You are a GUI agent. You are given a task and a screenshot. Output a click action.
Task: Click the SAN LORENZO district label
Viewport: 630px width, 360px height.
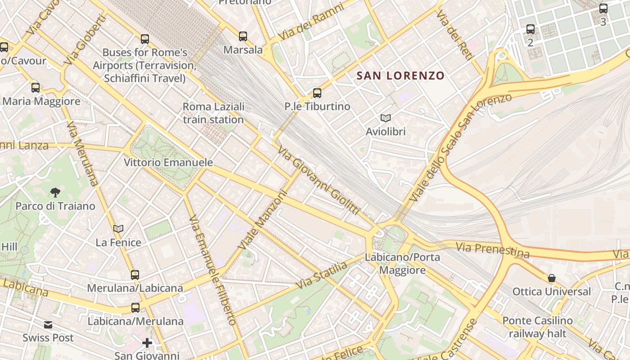tap(400, 76)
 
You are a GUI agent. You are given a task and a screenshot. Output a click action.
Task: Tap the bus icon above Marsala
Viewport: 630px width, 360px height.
tap(243, 36)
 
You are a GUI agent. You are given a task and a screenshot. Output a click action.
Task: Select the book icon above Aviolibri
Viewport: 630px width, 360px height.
tap(385, 118)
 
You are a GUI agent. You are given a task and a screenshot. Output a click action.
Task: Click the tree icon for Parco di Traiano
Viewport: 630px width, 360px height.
tap(55, 193)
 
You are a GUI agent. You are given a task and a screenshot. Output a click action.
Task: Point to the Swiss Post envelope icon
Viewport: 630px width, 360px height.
tap(48, 325)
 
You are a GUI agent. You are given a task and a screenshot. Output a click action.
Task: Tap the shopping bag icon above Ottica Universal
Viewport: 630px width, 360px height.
tap(551, 278)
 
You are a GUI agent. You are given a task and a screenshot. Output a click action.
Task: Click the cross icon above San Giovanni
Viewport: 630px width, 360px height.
tap(147, 343)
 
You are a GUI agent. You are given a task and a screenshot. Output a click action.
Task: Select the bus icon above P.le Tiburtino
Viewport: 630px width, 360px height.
tap(317, 93)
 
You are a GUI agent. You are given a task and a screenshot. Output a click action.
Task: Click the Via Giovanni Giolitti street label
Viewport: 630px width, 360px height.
tap(319, 180)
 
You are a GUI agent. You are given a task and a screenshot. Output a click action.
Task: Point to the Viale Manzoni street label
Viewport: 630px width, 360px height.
tap(262, 220)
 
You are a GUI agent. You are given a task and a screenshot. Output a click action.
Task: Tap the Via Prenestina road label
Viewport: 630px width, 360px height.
tap(492, 250)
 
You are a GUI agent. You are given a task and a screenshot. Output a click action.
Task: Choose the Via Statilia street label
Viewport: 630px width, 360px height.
tap(322, 275)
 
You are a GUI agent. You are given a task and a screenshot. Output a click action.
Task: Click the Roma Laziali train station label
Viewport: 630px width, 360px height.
tap(213, 113)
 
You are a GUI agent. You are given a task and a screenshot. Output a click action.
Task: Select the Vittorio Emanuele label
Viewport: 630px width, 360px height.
tap(168, 162)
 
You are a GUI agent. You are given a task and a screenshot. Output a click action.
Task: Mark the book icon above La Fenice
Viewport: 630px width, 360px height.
tap(118, 229)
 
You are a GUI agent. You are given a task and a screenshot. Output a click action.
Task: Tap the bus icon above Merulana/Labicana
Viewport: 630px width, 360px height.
tap(135, 274)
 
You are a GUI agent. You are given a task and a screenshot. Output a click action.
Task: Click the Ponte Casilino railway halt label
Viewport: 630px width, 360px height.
tap(537, 327)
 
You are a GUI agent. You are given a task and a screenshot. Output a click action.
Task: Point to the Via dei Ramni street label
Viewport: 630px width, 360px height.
tap(311, 22)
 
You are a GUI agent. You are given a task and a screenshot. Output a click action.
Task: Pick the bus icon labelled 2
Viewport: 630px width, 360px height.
tap(531, 30)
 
